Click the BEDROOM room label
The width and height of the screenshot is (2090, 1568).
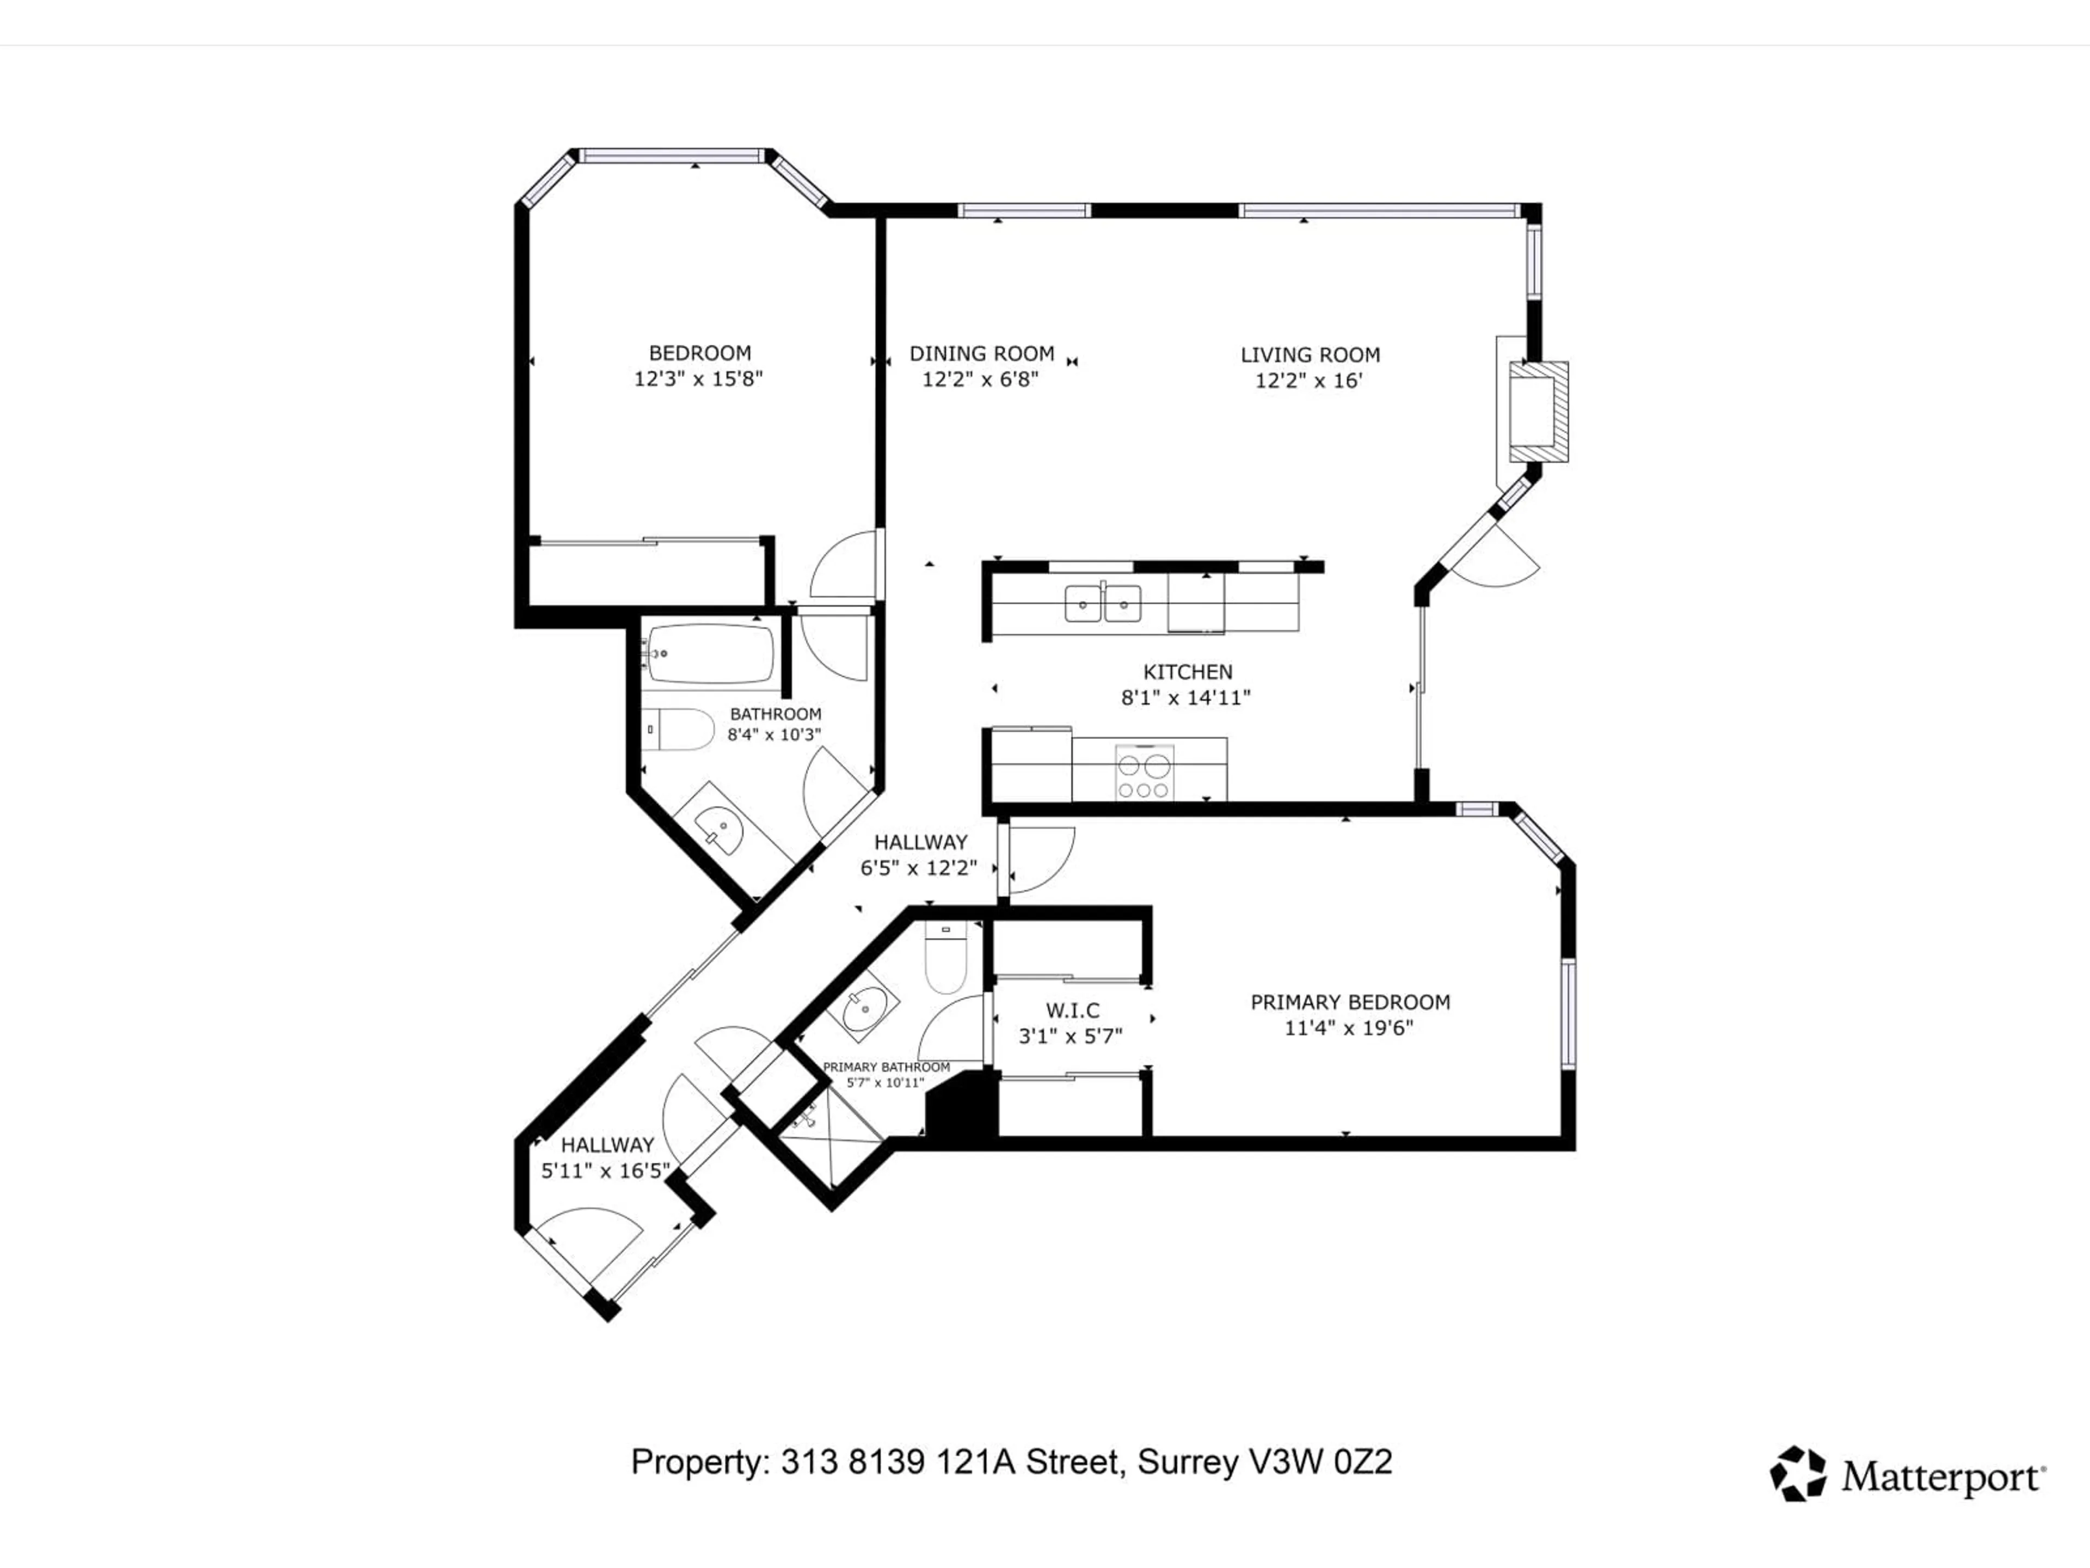pyautogui.click(x=699, y=353)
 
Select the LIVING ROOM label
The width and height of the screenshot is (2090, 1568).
pyautogui.click(x=1310, y=356)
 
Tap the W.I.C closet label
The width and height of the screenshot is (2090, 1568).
pyautogui.click(x=1072, y=1010)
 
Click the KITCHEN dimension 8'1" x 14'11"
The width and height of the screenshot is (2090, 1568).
pyautogui.click(x=1186, y=697)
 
